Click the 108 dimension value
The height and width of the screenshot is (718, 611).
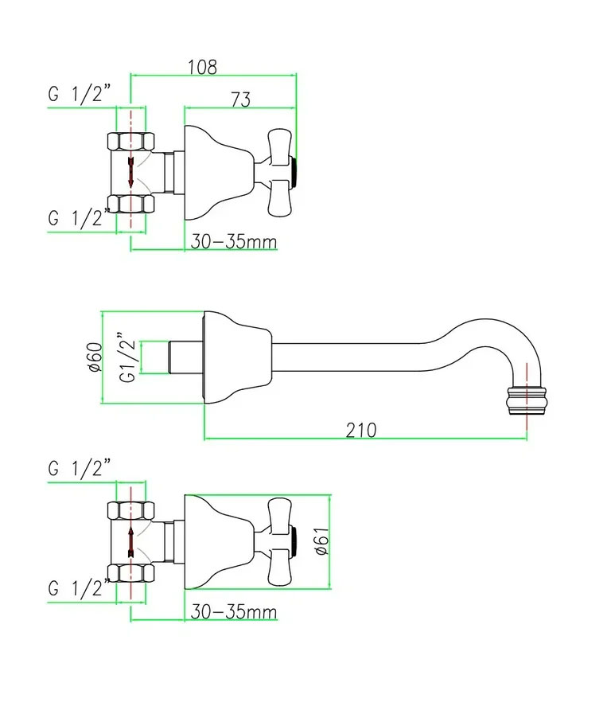tap(203, 67)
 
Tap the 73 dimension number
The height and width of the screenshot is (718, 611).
tap(240, 100)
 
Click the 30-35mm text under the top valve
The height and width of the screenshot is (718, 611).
tap(232, 241)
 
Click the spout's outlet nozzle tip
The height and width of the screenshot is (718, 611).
tap(526, 396)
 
